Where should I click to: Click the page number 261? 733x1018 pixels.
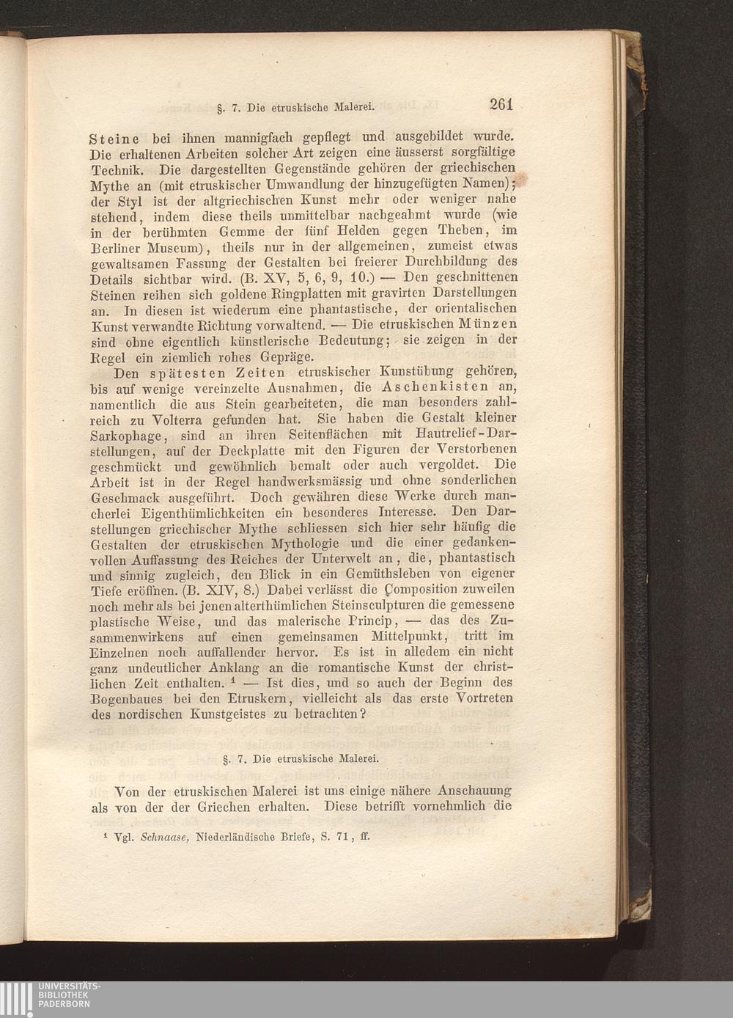[501, 104]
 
